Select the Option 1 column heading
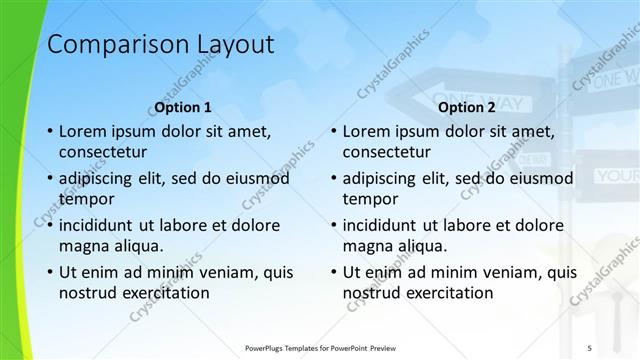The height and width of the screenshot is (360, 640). coord(183,107)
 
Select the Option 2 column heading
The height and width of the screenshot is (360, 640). coord(467,107)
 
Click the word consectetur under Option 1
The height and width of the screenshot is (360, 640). coord(103,153)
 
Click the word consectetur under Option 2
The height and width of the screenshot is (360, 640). coord(387,153)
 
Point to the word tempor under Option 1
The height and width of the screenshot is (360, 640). coord(85,199)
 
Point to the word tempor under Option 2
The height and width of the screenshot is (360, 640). coord(370,199)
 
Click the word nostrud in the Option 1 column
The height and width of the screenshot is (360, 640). coord(88,293)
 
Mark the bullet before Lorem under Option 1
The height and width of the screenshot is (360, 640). coord(49,132)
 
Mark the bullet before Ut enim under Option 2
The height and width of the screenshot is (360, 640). coord(333,272)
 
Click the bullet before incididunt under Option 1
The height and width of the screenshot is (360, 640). coord(49,225)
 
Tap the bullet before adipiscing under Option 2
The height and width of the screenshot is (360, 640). coord(333,179)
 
